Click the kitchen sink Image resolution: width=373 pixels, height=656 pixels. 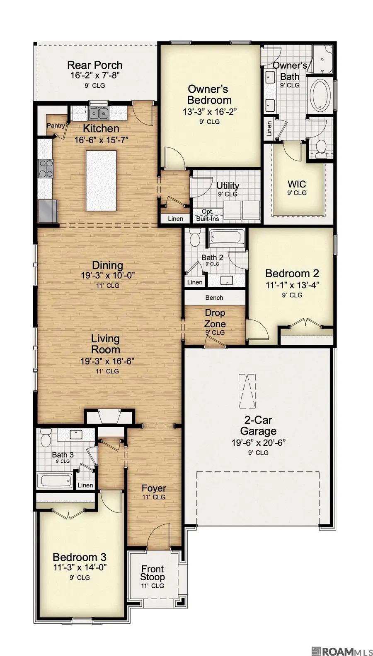click(x=99, y=113)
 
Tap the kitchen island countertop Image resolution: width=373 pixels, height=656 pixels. click(x=101, y=180)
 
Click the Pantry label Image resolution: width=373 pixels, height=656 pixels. click(x=56, y=125)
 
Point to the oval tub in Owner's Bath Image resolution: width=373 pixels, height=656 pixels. click(x=320, y=96)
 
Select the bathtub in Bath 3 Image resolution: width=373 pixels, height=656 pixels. click(x=55, y=481)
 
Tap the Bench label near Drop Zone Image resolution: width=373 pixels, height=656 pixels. click(x=214, y=298)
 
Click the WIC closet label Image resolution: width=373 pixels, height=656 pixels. click(x=297, y=185)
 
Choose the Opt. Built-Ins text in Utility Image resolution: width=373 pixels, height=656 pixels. click(x=207, y=215)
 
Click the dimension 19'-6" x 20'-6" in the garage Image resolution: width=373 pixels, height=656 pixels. click(x=258, y=442)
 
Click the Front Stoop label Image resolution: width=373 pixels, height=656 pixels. click(x=153, y=573)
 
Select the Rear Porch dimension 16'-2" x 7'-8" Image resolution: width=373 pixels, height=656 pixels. click(x=95, y=76)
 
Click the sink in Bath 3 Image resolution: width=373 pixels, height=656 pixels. click(x=75, y=434)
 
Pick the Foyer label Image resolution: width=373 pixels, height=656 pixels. click(x=154, y=488)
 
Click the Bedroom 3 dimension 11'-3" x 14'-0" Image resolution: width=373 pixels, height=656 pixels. click(x=80, y=567)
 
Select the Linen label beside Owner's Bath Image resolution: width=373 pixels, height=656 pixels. click(x=269, y=129)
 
